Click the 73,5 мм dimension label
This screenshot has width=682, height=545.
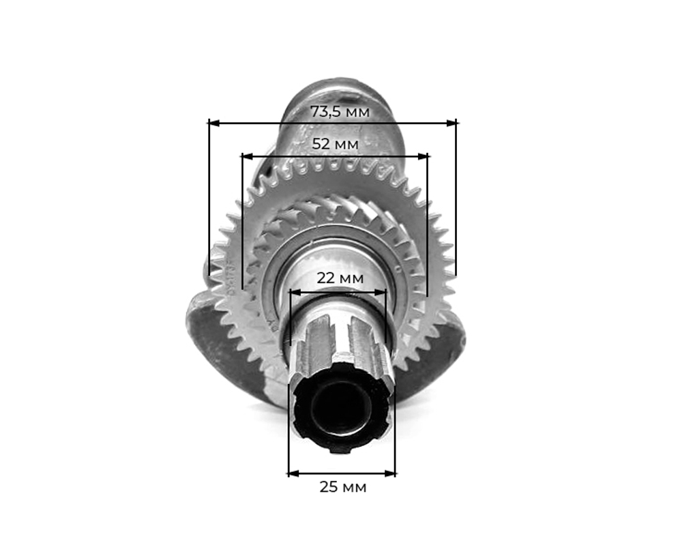coord(340,111)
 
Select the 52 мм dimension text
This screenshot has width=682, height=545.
coord(335,144)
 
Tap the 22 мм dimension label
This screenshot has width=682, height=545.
coord(340,278)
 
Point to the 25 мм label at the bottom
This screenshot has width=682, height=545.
coord(342,487)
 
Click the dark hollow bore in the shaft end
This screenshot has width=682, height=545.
coord(341,409)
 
